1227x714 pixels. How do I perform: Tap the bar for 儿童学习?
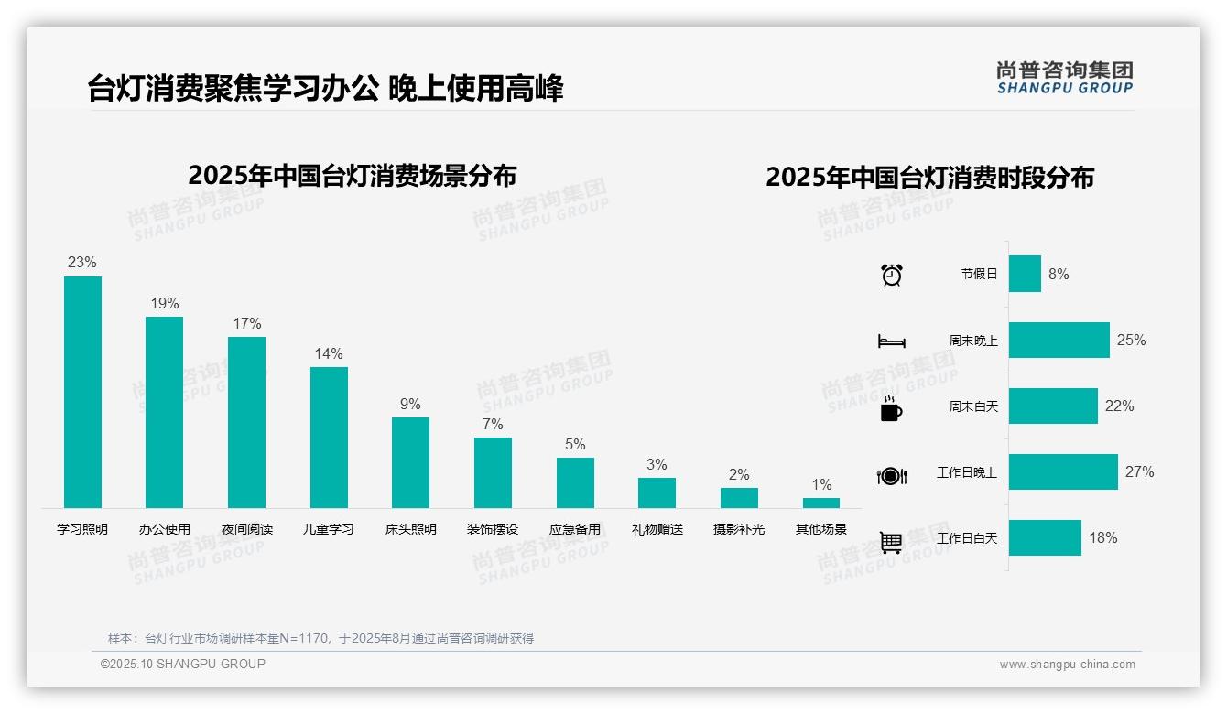[329, 438]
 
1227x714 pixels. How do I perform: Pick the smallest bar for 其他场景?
[821, 503]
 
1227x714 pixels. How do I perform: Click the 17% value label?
[246, 323]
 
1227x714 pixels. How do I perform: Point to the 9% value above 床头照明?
[410, 404]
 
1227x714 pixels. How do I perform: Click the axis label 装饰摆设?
[493, 529]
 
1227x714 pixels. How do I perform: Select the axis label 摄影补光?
[739, 529]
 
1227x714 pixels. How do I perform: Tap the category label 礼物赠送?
[657, 529]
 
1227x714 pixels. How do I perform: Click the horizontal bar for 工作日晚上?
[1063, 472]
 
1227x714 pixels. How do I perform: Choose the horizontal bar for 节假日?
[1025, 274]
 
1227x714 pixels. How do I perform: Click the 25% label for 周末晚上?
[1131, 340]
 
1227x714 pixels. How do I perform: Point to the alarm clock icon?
[891, 275]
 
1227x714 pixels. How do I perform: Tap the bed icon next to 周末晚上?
[891, 341]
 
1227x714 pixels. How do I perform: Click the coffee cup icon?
[891, 408]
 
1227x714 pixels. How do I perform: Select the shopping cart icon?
[891, 542]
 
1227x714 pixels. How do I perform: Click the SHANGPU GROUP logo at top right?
[1064, 78]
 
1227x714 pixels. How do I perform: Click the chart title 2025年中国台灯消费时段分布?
[929, 178]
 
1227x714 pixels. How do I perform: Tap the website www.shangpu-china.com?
[1067, 665]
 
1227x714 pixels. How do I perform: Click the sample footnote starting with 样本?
[320, 638]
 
